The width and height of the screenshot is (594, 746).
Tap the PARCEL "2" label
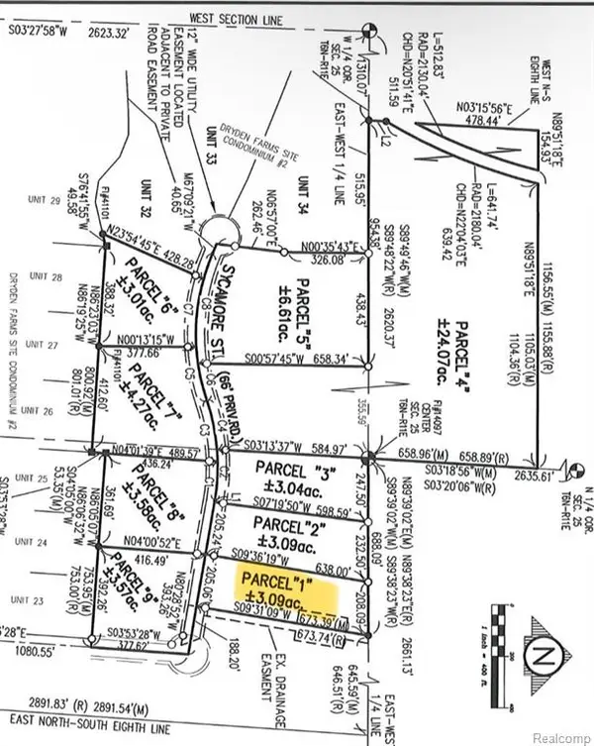click(x=287, y=521)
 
